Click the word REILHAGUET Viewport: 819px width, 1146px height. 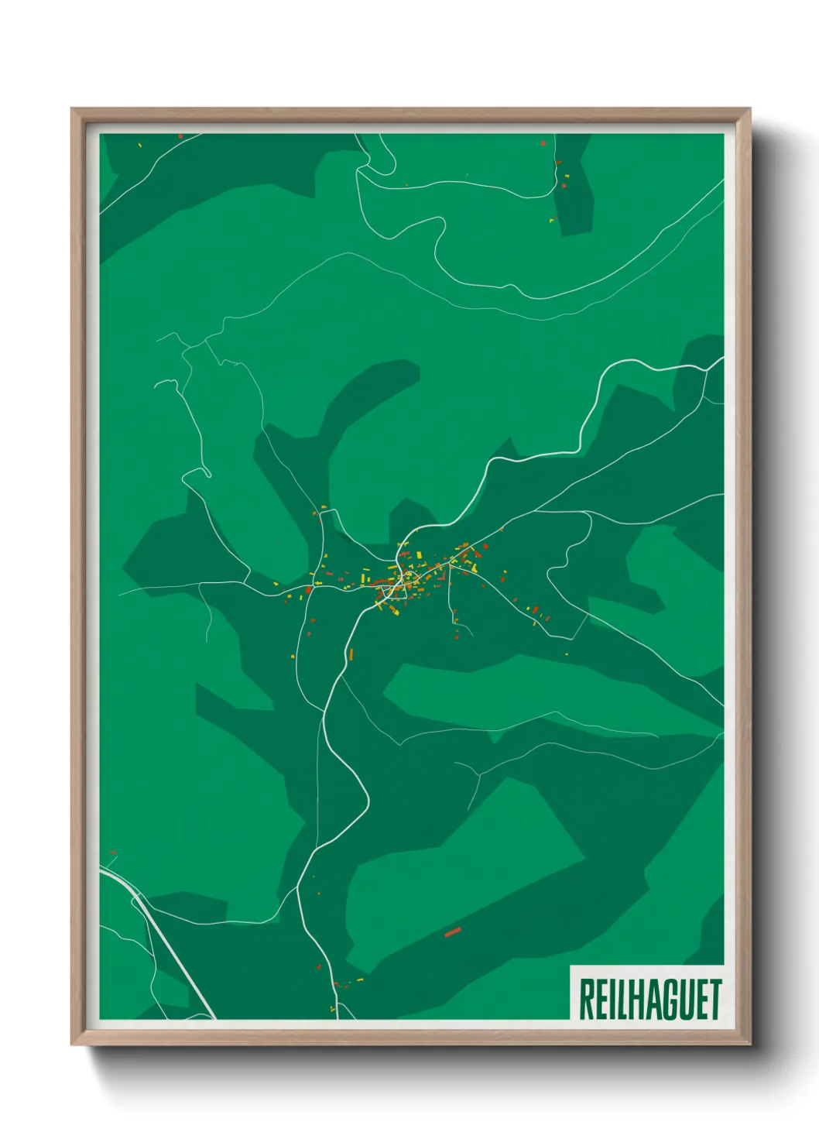point(649,999)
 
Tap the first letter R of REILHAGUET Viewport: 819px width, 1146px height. point(586,999)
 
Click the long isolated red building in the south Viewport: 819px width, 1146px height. point(452,932)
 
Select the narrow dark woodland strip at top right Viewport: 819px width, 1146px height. point(574,186)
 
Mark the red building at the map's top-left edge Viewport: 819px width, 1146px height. point(180,136)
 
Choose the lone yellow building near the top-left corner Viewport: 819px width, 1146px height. point(139,144)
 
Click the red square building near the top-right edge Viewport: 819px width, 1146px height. point(543,143)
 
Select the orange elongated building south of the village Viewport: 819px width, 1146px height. point(350,652)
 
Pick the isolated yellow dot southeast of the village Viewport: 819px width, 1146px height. point(567,654)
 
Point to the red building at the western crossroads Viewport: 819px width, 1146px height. point(308,591)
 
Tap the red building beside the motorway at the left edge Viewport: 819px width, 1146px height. point(113,853)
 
